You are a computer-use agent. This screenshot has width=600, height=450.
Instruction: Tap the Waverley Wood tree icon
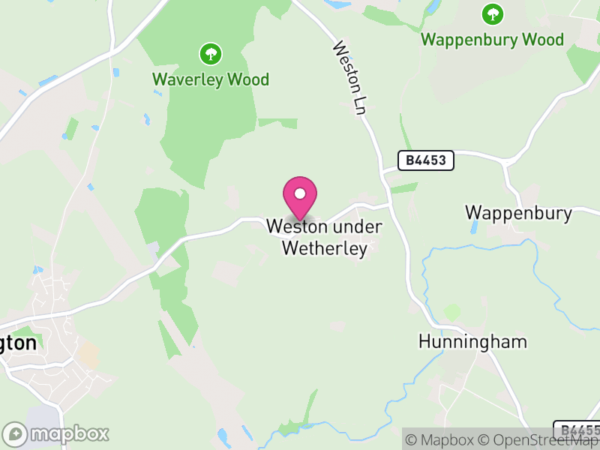[x=211, y=54]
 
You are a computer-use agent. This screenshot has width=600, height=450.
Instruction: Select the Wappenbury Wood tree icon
[x=492, y=13]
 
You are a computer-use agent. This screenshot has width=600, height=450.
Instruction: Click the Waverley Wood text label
[x=211, y=79]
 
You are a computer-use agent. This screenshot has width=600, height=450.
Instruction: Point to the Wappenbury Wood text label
[x=492, y=39]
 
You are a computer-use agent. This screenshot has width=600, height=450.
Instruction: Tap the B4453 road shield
[x=426, y=160]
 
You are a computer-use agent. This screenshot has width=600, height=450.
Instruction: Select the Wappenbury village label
[x=518, y=212]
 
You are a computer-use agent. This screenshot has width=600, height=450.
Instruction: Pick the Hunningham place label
[x=472, y=342]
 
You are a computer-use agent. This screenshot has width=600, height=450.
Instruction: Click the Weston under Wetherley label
[x=325, y=237]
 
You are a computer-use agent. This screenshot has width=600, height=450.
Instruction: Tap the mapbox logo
[x=56, y=433]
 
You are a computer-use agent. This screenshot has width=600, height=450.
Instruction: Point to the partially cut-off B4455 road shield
[x=577, y=430]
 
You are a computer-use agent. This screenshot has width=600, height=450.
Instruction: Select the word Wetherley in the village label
[x=325, y=248]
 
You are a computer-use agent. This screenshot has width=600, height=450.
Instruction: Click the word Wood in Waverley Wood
[x=249, y=79]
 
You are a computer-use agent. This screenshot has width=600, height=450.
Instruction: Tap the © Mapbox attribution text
[x=442, y=439]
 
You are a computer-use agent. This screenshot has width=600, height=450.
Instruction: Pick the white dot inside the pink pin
[x=300, y=193]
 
